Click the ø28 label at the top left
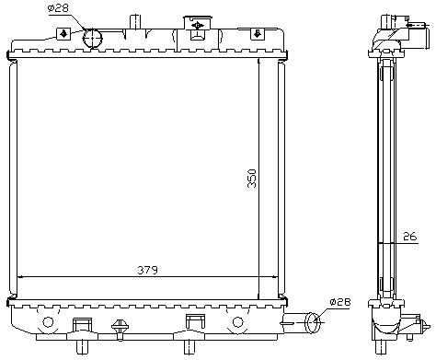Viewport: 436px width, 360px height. coord(58,8)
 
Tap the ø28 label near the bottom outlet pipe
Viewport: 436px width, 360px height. coord(340,302)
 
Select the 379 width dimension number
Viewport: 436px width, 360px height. coord(147,270)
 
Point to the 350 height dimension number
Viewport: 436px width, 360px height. coord(252,178)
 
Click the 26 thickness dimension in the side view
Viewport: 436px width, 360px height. coord(410,237)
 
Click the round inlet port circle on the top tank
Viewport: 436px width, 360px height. coord(92,38)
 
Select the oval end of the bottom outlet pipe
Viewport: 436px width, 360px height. coord(313,322)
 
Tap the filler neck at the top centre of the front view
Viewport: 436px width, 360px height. coord(198,28)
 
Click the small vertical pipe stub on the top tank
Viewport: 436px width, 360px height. coord(135,22)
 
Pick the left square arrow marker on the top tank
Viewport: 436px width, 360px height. coord(63,34)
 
